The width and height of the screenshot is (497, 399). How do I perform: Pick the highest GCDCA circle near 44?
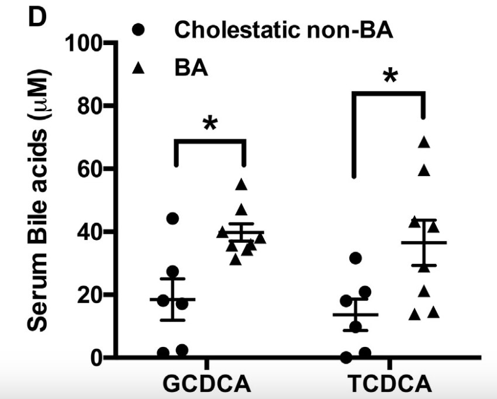coord(172,218)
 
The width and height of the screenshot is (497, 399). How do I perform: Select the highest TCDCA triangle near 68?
coord(425,142)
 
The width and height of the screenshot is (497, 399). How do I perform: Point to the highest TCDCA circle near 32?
coord(355,257)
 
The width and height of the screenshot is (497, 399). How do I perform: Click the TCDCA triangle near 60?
coord(425,170)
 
